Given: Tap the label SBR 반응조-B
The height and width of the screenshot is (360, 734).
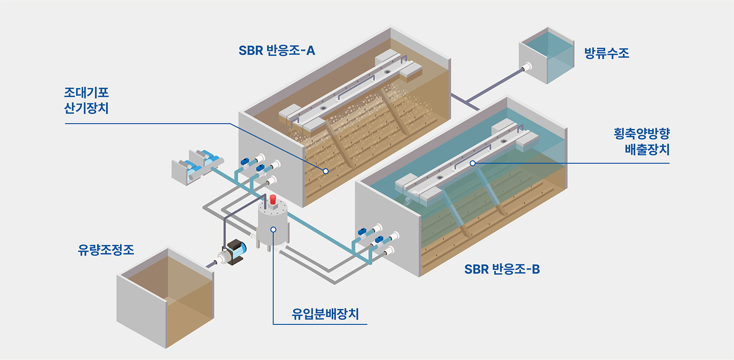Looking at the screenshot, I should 502,269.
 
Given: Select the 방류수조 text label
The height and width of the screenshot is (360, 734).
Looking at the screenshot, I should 607,53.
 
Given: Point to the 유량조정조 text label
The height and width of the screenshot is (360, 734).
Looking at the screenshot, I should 106,250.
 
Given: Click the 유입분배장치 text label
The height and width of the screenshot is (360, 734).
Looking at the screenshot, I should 325,314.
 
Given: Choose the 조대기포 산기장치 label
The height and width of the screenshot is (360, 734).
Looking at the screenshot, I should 86,100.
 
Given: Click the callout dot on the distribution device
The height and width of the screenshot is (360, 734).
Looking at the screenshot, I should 273,229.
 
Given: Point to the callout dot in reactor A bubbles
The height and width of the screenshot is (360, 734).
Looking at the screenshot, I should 325,171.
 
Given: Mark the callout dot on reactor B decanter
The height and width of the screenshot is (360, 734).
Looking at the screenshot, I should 472,163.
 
